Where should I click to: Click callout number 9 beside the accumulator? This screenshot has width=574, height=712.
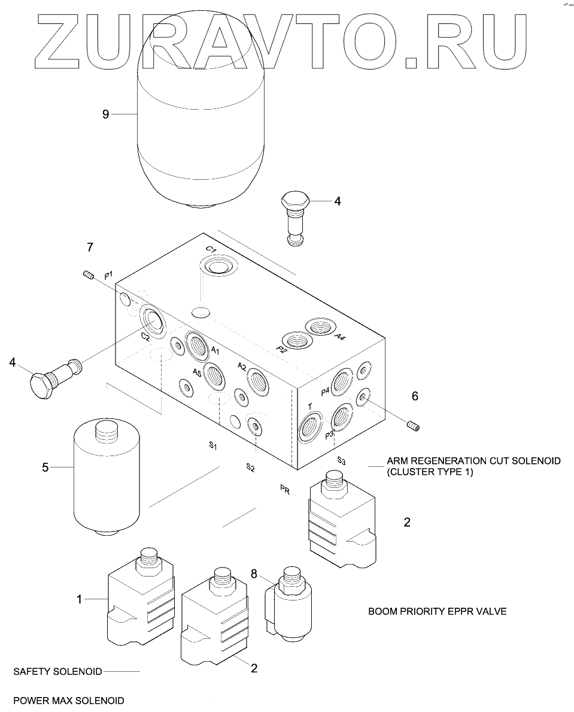[x=105, y=114]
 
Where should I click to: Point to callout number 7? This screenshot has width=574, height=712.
[x=90, y=247]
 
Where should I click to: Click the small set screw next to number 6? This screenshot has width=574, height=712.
[x=413, y=426]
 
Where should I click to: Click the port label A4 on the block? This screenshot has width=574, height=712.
[x=339, y=337]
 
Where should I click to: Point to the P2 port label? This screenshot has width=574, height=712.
[x=281, y=350]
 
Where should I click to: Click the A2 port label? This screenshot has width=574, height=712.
[x=242, y=366]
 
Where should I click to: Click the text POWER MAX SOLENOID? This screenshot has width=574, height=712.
[x=68, y=700]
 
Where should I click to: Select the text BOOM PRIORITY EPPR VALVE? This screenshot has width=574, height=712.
[x=437, y=612]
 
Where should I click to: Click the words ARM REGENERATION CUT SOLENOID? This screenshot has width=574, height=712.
[x=473, y=461]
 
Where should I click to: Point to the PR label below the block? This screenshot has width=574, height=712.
[x=285, y=490]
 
